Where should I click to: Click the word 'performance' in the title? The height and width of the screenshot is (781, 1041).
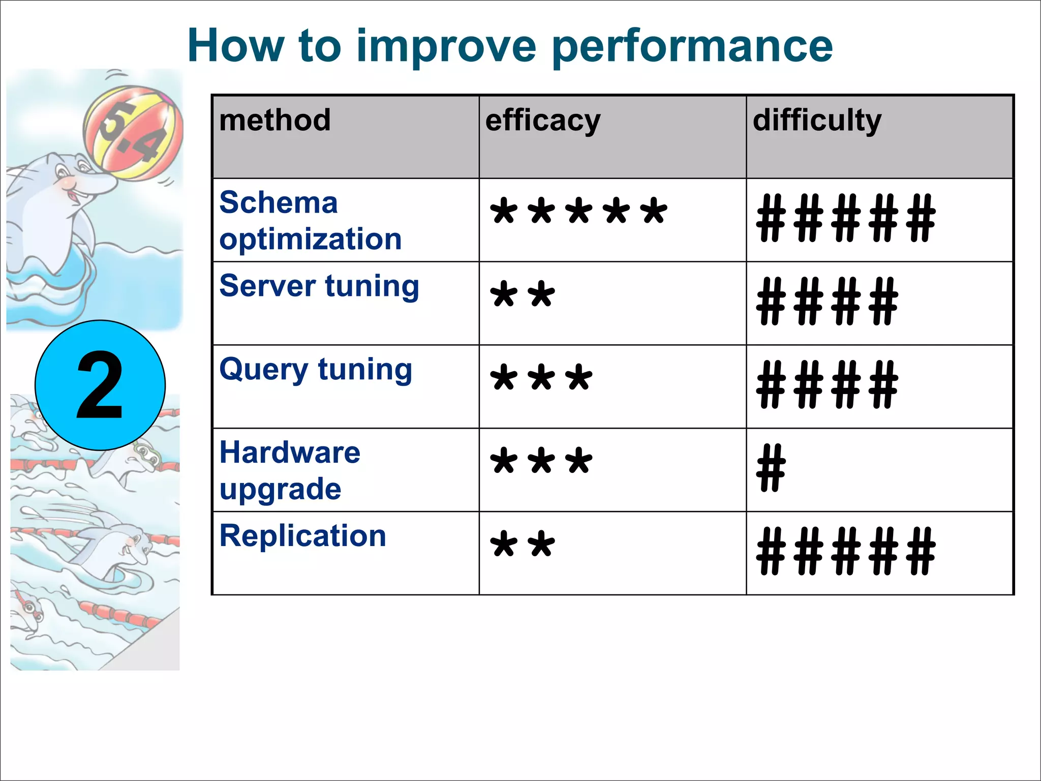pyautogui.click(x=692, y=47)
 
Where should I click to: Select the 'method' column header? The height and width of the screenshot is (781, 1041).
pyautogui.click(x=275, y=121)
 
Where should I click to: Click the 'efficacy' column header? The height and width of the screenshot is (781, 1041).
pyautogui.click(x=543, y=121)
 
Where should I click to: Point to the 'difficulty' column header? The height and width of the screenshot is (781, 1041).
pyautogui.click(x=817, y=121)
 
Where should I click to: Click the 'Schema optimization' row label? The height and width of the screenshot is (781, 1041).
pyautogui.click(x=310, y=221)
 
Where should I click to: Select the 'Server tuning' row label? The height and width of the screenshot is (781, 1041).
pyautogui.click(x=319, y=286)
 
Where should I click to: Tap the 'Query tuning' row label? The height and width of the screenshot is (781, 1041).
pyautogui.click(x=316, y=370)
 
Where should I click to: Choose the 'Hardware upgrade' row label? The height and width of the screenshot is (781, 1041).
pyautogui.click(x=290, y=470)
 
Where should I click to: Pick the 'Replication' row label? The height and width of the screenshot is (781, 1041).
pyautogui.click(x=303, y=536)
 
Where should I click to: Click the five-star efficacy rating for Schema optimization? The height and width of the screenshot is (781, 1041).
pyautogui.click(x=578, y=212)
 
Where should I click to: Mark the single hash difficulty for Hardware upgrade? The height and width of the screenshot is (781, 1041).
pyautogui.click(x=771, y=468)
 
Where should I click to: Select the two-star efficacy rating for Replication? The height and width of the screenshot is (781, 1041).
pyautogui.click(x=523, y=545)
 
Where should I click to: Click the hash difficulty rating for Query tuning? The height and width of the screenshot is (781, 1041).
pyautogui.click(x=827, y=385)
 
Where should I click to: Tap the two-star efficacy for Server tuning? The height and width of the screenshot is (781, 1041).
pyautogui.click(x=523, y=295)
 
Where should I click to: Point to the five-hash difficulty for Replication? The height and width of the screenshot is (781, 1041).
pyautogui.click(x=846, y=551)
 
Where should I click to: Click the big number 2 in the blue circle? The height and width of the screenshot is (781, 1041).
pyautogui.click(x=100, y=385)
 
